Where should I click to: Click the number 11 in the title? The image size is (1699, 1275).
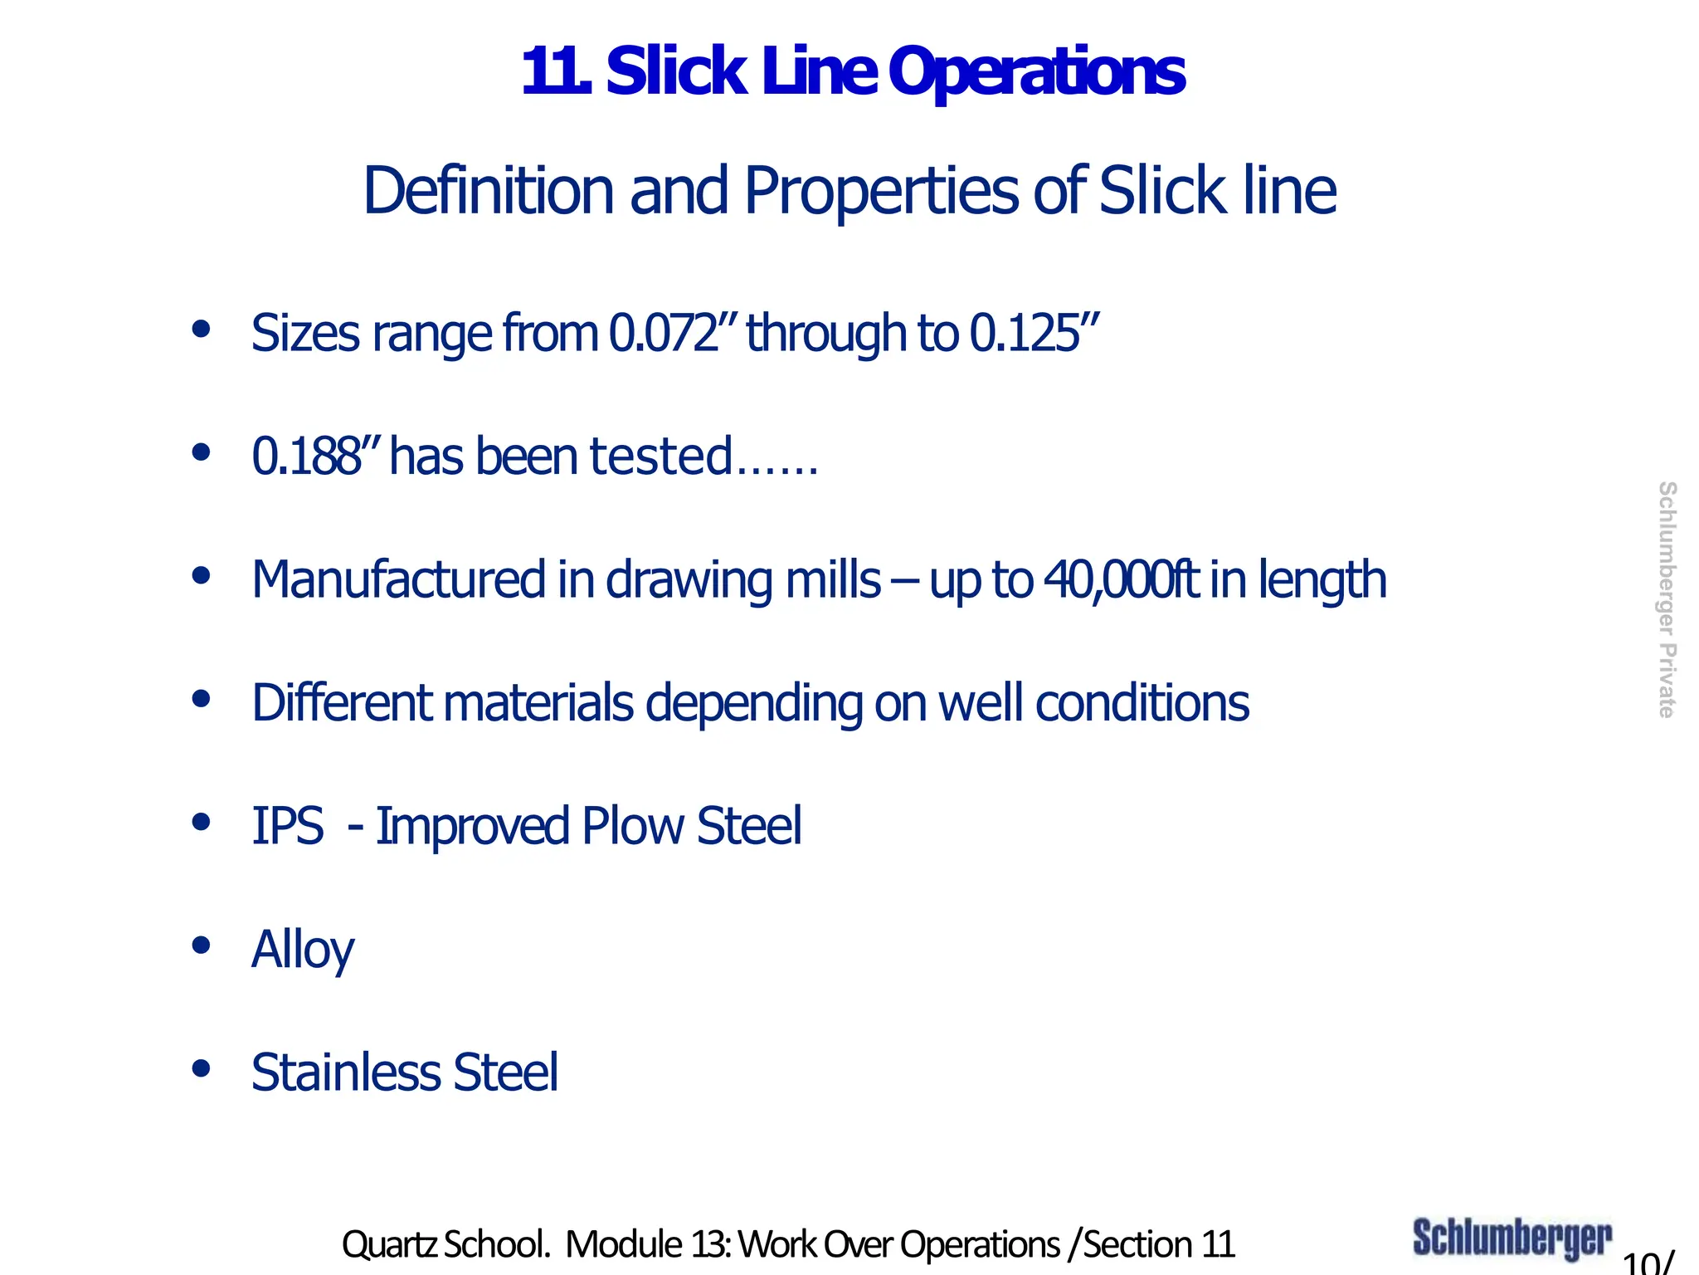coord(555,72)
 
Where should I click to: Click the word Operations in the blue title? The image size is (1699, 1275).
coord(1037,72)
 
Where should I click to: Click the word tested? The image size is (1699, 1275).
coord(660,456)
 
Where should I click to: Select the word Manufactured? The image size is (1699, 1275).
coord(398,579)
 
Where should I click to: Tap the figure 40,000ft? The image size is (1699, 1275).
coord(1121,579)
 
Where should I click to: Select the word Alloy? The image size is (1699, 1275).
coord(303,950)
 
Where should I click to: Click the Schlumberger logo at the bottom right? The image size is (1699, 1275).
coord(1512,1238)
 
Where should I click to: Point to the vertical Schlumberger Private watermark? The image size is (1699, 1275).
coord(1666,599)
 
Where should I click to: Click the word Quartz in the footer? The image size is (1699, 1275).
coord(388,1244)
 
